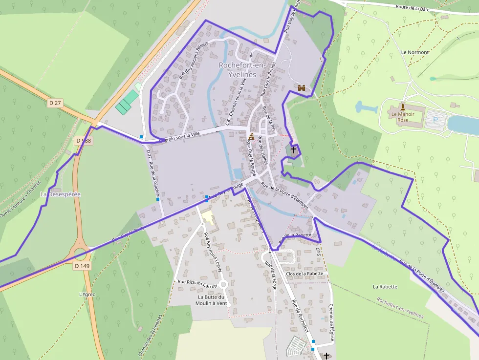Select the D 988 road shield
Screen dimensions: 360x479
[84, 140]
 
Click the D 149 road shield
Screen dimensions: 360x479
[83, 266]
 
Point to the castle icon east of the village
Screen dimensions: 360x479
[302, 88]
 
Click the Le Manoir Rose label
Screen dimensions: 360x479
[403, 117]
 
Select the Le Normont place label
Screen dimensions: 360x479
[414, 52]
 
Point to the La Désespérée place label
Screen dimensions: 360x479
[60, 194]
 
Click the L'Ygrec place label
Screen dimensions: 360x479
[87, 295]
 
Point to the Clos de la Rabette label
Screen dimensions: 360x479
[304, 274]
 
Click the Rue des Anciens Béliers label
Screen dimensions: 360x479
[194, 60]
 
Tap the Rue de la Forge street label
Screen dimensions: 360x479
[270, 276]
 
